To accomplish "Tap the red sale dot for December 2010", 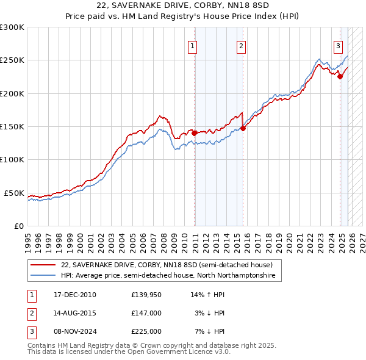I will coord(195,132).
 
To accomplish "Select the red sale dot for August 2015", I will coord(243,128).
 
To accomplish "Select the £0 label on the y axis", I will coord(18,226).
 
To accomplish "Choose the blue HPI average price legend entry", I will coord(168,276).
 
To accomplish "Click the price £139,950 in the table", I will coord(146,295).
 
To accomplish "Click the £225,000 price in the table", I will coord(146,331).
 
